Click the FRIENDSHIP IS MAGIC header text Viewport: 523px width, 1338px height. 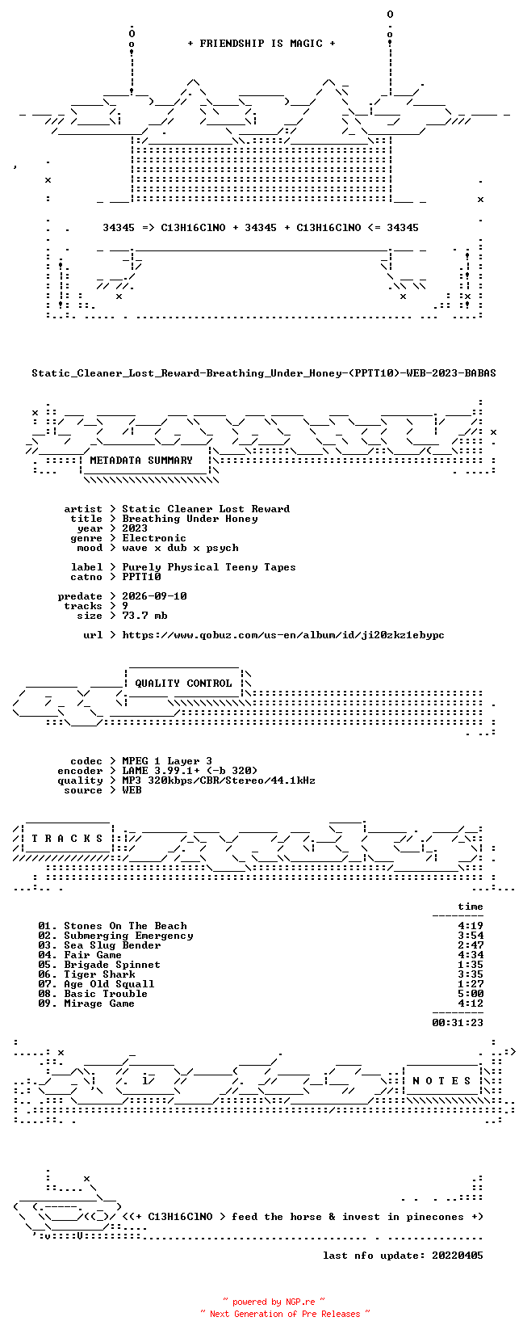pyautogui.click(x=261, y=44)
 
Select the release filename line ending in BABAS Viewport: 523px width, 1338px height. pyautogui.click(x=264, y=373)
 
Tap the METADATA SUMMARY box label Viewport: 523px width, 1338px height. pyautogui.click(x=141, y=461)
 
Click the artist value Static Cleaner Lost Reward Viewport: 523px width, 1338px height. pyautogui.click(x=206, y=509)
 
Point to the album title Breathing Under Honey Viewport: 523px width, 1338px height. pyautogui.click(x=190, y=519)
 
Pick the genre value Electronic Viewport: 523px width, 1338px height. pyautogui.click(x=154, y=538)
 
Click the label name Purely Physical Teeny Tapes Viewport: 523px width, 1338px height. pyautogui.click(x=209, y=567)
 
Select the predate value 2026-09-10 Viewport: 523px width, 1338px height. pyautogui.click(x=154, y=596)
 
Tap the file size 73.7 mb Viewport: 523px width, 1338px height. pyautogui.click(x=144, y=615)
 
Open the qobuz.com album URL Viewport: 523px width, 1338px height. pyautogui.click(x=283, y=635)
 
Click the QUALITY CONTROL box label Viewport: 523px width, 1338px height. pyautogui.click(x=183, y=684)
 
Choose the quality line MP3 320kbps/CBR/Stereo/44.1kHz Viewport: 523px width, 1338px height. pyautogui.click(x=218, y=780)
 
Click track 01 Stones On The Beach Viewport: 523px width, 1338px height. pyautogui.click(x=113, y=926)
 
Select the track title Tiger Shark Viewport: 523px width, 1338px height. pyautogui.click(x=99, y=974)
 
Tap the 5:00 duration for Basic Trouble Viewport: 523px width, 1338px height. pyautogui.click(x=471, y=993)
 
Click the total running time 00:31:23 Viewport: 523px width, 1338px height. pyautogui.click(x=458, y=1023)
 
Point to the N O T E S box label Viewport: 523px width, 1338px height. pyautogui.click(x=441, y=1080)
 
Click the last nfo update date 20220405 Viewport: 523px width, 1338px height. pyautogui.click(x=458, y=1255)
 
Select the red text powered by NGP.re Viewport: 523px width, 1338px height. pyautogui.click(x=274, y=1302)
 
